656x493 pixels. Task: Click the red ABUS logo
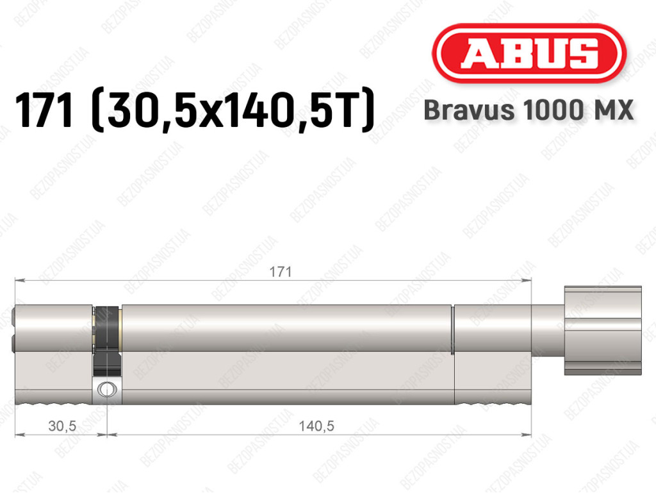(x=529, y=53)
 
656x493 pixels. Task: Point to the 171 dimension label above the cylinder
(x=281, y=272)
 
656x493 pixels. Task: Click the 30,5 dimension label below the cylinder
(x=62, y=426)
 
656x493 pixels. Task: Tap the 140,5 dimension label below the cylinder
(x=316, y=426)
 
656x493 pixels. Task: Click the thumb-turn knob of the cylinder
(x=602, y=330)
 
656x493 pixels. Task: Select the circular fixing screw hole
(x=107, y=389)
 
